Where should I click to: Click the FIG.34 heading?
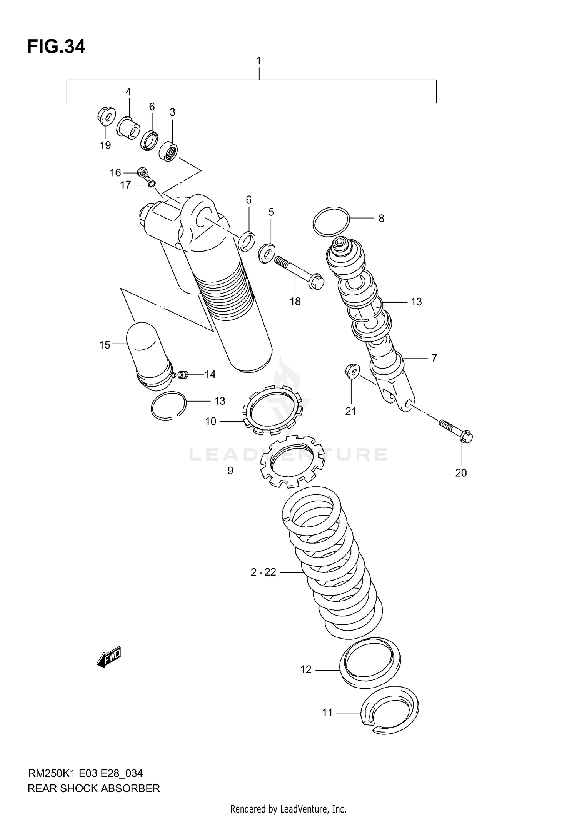[56, 47]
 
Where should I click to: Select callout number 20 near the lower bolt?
[461, 472]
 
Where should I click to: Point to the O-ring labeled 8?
[331, 221]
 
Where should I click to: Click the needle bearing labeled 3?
[168, 152]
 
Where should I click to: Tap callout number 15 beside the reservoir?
[105, 345]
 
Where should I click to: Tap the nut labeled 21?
[351, 371]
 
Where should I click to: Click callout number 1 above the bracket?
[259, 61]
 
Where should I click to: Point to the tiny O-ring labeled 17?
[152, 184]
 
